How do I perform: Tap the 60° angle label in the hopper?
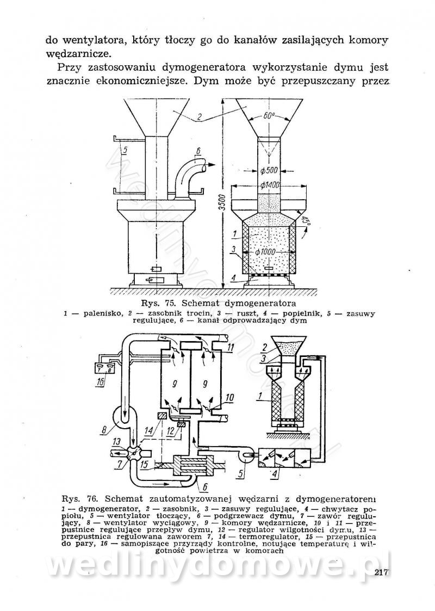pyautogui.click(x=268, y=116)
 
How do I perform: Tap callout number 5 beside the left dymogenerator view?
pyautogui.click(x=125, y=151)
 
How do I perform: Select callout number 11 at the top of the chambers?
pyautogui.click(x=231, y=348)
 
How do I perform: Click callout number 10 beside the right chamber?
pyautogui.click(x=231, y=398)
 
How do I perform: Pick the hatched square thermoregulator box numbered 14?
pyautogui.click(x=161, y=417)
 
